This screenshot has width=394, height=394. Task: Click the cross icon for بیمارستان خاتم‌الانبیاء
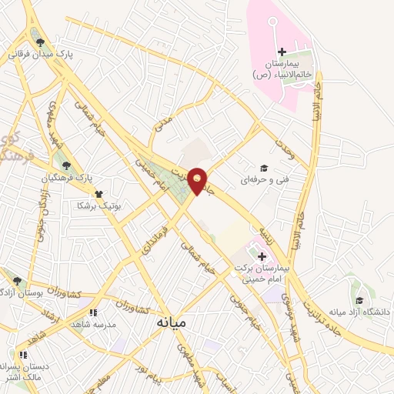coord(283,51)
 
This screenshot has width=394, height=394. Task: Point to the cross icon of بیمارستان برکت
coord(262,256)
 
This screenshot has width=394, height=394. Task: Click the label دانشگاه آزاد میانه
coord(360,312)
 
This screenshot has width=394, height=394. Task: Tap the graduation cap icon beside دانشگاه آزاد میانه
coord(359,300)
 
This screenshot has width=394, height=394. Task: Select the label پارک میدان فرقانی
coord(39,55)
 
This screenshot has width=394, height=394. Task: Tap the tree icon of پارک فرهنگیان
coord(67,165)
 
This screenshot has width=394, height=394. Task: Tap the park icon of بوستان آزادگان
coord(17,281)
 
